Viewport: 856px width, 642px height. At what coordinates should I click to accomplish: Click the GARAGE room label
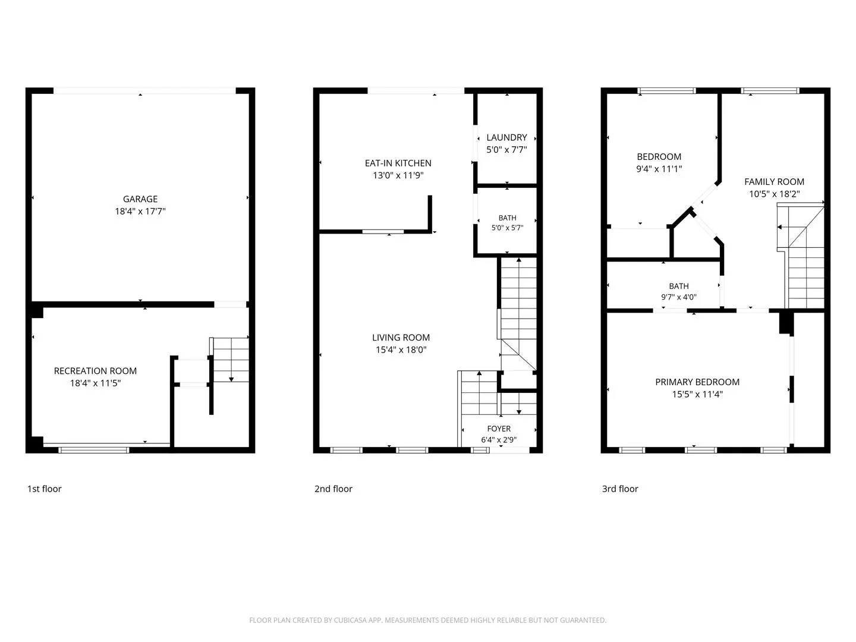[140, 199]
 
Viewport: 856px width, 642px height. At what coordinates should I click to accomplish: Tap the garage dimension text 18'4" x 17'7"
[140, 211]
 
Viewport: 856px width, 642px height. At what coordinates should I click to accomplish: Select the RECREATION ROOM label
[95, 371]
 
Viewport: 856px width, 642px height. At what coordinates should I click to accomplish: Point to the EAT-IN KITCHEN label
[398, 163]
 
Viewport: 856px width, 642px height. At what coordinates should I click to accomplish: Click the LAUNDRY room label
[506, 137]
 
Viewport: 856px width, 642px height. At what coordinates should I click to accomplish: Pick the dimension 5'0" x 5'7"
[507, 228]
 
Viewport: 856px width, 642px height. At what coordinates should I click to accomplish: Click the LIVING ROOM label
[401, 338]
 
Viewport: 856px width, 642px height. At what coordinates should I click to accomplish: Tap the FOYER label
[499, 429]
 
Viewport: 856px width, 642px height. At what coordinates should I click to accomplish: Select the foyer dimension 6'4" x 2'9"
[499, 440]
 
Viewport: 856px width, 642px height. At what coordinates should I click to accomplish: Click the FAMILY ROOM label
[774, 182]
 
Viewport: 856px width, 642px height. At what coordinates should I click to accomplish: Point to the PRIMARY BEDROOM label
[697, 382]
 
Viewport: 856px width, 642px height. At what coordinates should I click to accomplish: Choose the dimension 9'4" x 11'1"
[659, 169]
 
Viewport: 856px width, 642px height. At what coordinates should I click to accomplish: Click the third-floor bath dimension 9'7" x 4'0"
[679, 297]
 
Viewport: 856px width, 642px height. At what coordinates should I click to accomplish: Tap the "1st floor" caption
[45, 489]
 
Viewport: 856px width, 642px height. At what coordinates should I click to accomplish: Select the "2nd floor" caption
[333, 489]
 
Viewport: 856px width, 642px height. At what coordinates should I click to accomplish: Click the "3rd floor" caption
[620, 489]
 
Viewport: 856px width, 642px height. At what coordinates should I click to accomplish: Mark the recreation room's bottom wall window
[93, 450]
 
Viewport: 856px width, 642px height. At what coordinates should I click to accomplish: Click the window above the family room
[770, 91]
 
